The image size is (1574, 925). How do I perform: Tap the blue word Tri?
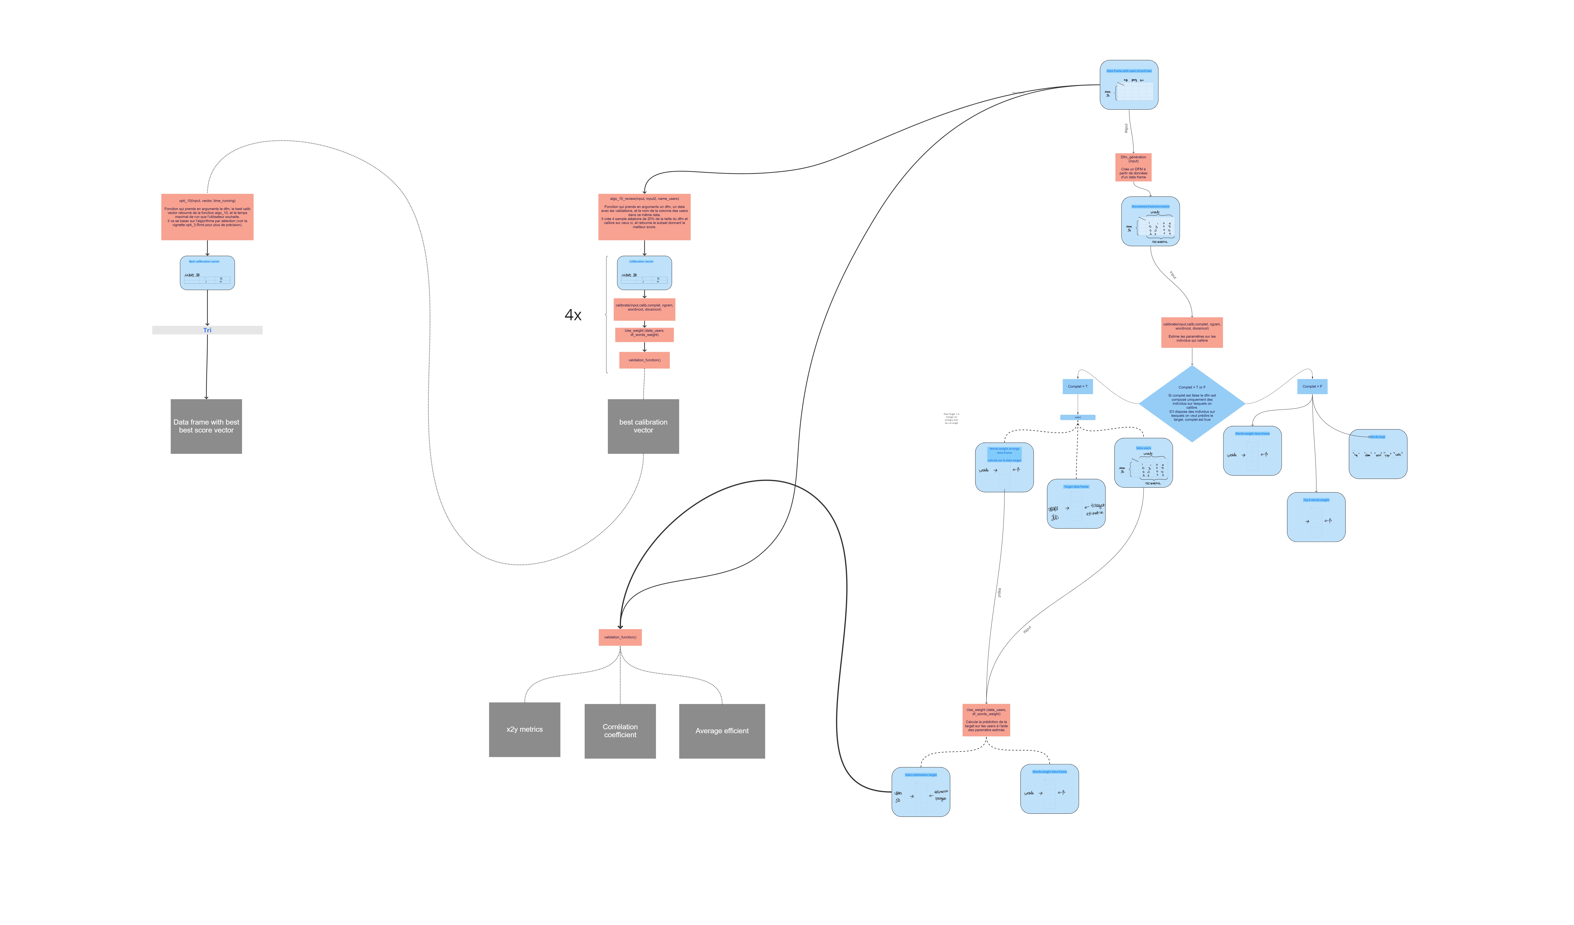tap(207, 330)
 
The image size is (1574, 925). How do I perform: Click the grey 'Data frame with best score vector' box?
tap(206, 426)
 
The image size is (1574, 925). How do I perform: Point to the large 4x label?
tap(573, 315)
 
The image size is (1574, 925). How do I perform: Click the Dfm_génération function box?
tap(1133, 167)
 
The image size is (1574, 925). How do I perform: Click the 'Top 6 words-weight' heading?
tap(1316, 500)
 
